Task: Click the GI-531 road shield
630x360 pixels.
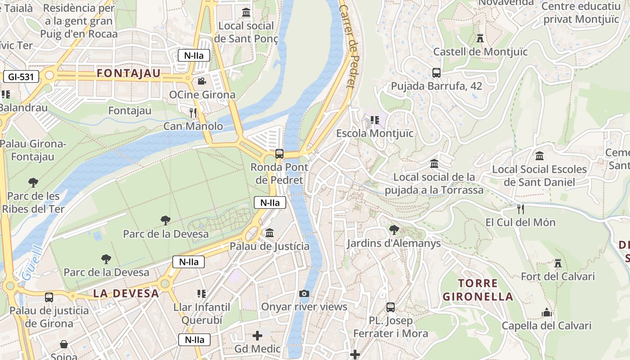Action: click(21, 76)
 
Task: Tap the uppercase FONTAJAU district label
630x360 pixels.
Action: click(129, 73)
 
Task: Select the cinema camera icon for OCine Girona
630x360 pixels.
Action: click(202, 81)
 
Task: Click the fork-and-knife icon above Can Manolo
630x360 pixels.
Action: click(193, 112)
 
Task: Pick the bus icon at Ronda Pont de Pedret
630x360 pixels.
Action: click(279, 154)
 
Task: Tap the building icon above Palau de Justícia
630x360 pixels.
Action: click(270, 233)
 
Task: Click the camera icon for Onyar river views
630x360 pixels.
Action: click(304, 294)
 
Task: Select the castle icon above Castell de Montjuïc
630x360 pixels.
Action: click(480, 38)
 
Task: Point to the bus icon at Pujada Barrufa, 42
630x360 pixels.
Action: click(436, 72)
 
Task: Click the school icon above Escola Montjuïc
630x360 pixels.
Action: click(374, 120)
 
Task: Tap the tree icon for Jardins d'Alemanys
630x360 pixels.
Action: click(394, 230)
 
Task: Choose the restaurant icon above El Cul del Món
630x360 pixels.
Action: click(520, 209)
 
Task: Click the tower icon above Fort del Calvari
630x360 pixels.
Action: click(558, 263)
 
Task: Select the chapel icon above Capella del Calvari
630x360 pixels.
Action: click(546, 312)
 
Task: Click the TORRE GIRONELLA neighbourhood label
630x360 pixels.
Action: click(478, 290)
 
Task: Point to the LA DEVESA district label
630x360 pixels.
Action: click(126, 293)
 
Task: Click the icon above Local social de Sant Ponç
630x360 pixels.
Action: click(246, 13)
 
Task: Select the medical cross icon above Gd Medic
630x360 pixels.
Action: click(257, 336)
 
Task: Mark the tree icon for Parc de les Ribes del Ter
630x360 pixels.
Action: click(33, 183)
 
